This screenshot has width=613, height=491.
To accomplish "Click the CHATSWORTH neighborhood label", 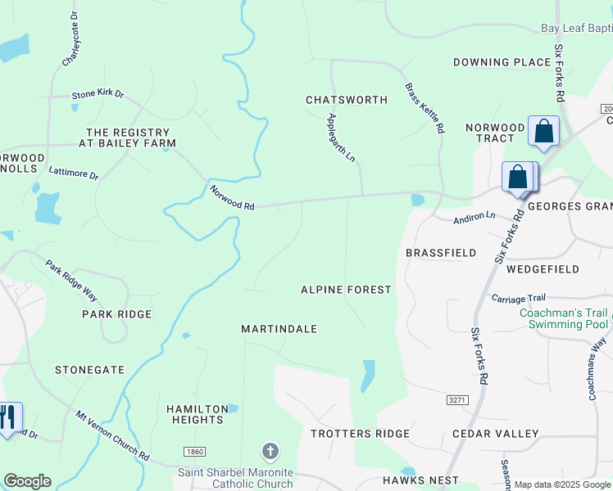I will click(346, 100).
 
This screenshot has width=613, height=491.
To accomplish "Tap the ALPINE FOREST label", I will click(346, 290).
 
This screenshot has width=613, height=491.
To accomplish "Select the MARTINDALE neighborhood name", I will click(279, 329).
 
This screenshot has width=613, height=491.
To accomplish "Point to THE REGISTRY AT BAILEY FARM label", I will click(131, 137).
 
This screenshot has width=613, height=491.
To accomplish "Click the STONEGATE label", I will click(89, 370).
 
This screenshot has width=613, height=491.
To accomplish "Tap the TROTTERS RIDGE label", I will click(360, 433).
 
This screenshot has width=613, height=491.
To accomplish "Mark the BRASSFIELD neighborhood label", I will click(441, 253).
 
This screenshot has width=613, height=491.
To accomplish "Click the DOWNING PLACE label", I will click(502, 62).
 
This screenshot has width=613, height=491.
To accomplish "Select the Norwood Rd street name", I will click(232, 198).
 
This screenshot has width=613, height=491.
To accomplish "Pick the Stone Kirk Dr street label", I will click(98, 95).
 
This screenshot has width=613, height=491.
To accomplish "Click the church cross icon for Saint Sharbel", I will click(270, 452).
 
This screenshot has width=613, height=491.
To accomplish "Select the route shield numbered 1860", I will click(195, 452).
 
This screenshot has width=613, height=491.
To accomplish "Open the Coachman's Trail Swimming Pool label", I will click(563, 318).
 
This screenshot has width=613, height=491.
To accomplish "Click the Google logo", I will click(27, 481).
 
